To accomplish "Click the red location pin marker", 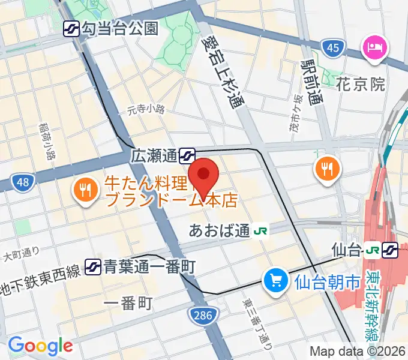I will (x=204, y=175).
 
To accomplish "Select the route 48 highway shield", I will (x=22, y=181).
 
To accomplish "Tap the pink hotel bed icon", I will (x=374, y=47).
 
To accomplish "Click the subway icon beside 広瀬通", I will (x=187, y=157).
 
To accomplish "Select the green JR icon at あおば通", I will (x=261, y=230).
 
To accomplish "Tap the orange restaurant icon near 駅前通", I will (x=327, y=168).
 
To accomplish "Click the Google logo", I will (x=40, y=346).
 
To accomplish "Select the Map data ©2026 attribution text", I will (x=357, y=352).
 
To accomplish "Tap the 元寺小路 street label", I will (x=145, y=109).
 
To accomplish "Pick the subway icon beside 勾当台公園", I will (x=73, y=28).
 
